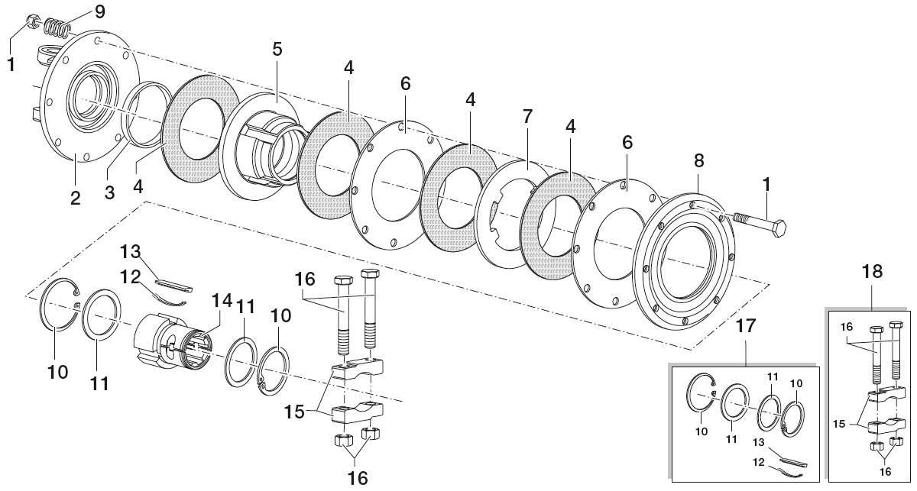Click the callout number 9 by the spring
pyautogui.click(x=99, y=11)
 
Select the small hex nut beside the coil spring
pyautogui.click(x=32, y=21)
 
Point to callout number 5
pyautogui.click(x=277, y=49)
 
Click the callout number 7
pyautogui.click(x=527, y=116)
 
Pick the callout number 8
pyautogui.click(x=698, y=160)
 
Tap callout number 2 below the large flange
pyautogui.click(x=76, y=199)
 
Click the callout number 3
pyautogui.click(x=109, y=192)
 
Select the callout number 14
pyautogui.click(x=222, y=301)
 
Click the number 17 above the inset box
pyautogui.click(x=746, y=326)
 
